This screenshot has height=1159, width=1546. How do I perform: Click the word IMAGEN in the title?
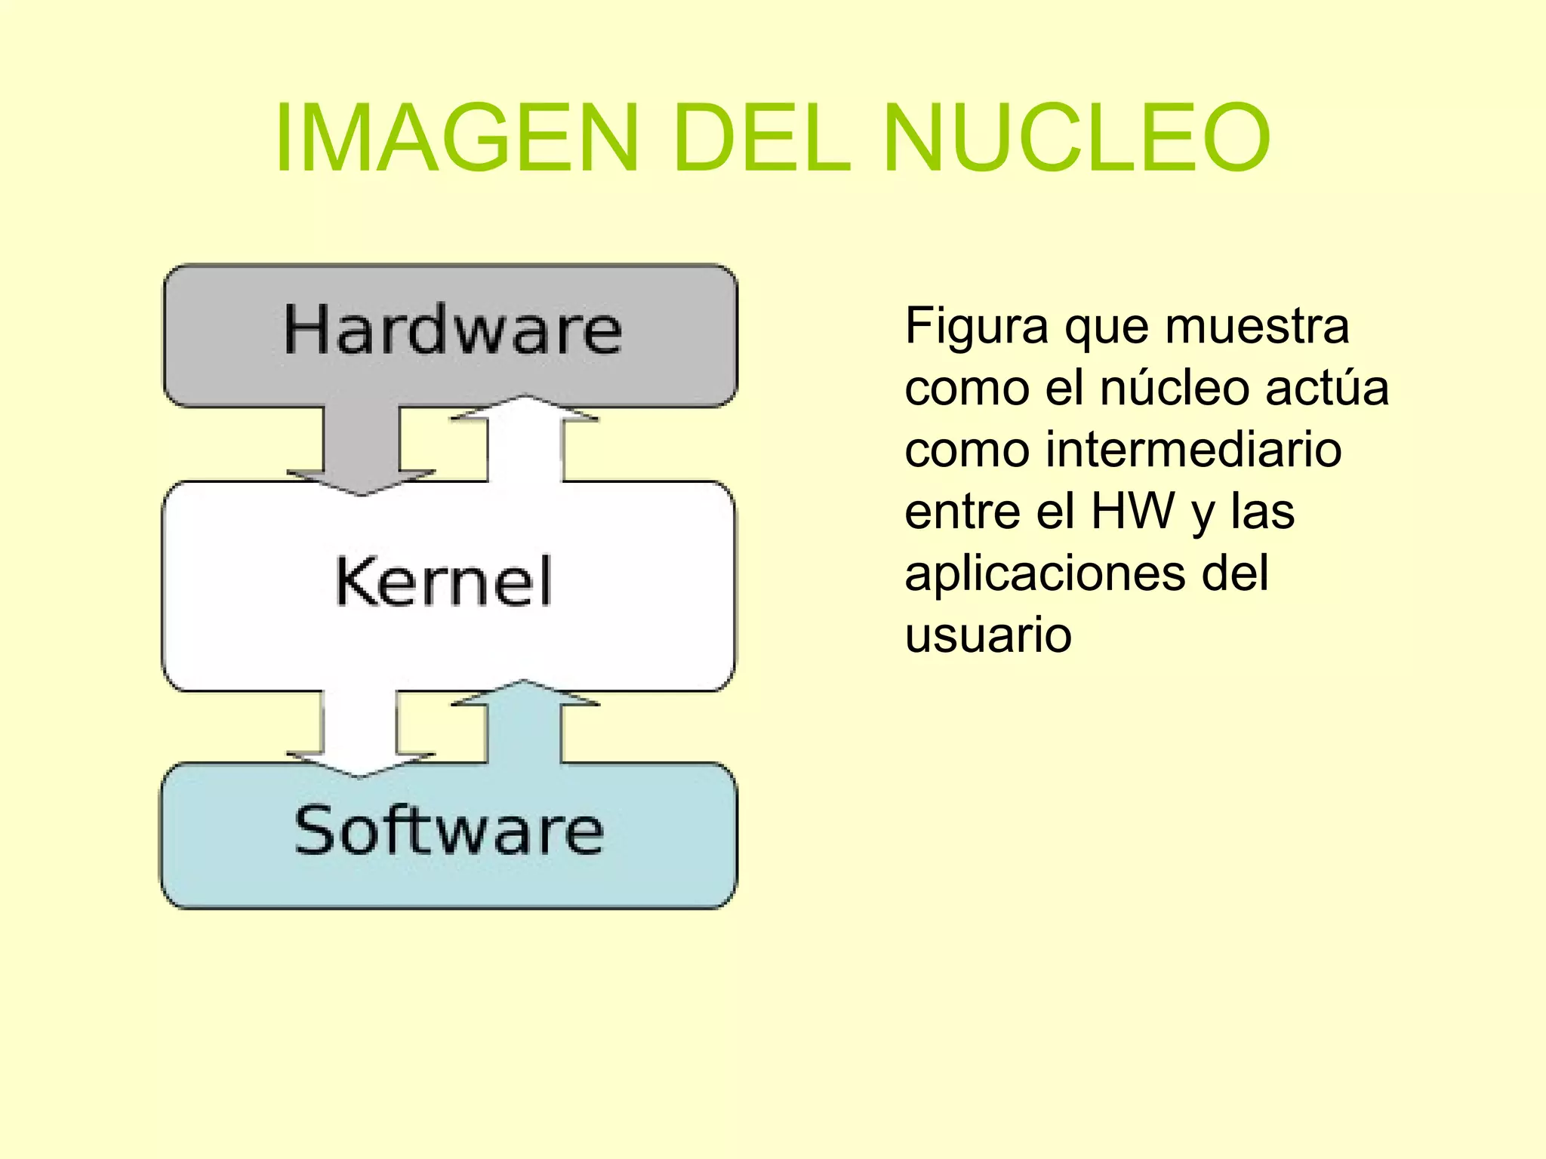pos(457,139)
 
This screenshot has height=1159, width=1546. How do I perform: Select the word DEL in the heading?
pos(761,139)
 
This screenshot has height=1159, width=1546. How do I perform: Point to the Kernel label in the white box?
pos(444,581)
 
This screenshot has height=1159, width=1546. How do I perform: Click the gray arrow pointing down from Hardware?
pos(362,450)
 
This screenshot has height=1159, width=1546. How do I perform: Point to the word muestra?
pos(1257,327)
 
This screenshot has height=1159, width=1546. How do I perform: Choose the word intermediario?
pos(1193,450)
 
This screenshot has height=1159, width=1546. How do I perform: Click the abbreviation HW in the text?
pos(1133,512)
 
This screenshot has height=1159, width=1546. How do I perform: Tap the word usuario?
pos(988,635)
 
